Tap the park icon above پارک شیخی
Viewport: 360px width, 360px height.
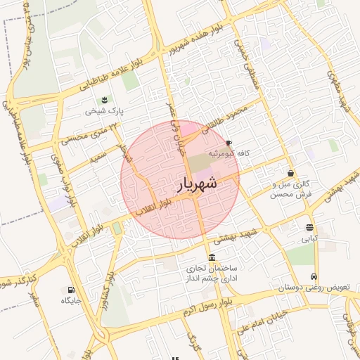(x=104, y=98)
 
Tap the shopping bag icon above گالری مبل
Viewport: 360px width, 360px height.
(x=291, y=173)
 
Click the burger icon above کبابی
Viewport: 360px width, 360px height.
(x=310, y=227)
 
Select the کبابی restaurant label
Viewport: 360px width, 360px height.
(x=309, y=238)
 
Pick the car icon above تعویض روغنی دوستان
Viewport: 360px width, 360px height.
(x=313, y=277)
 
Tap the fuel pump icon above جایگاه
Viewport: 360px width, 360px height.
(x=71, y=290)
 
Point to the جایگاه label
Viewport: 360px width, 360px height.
(x=72, y=301)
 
